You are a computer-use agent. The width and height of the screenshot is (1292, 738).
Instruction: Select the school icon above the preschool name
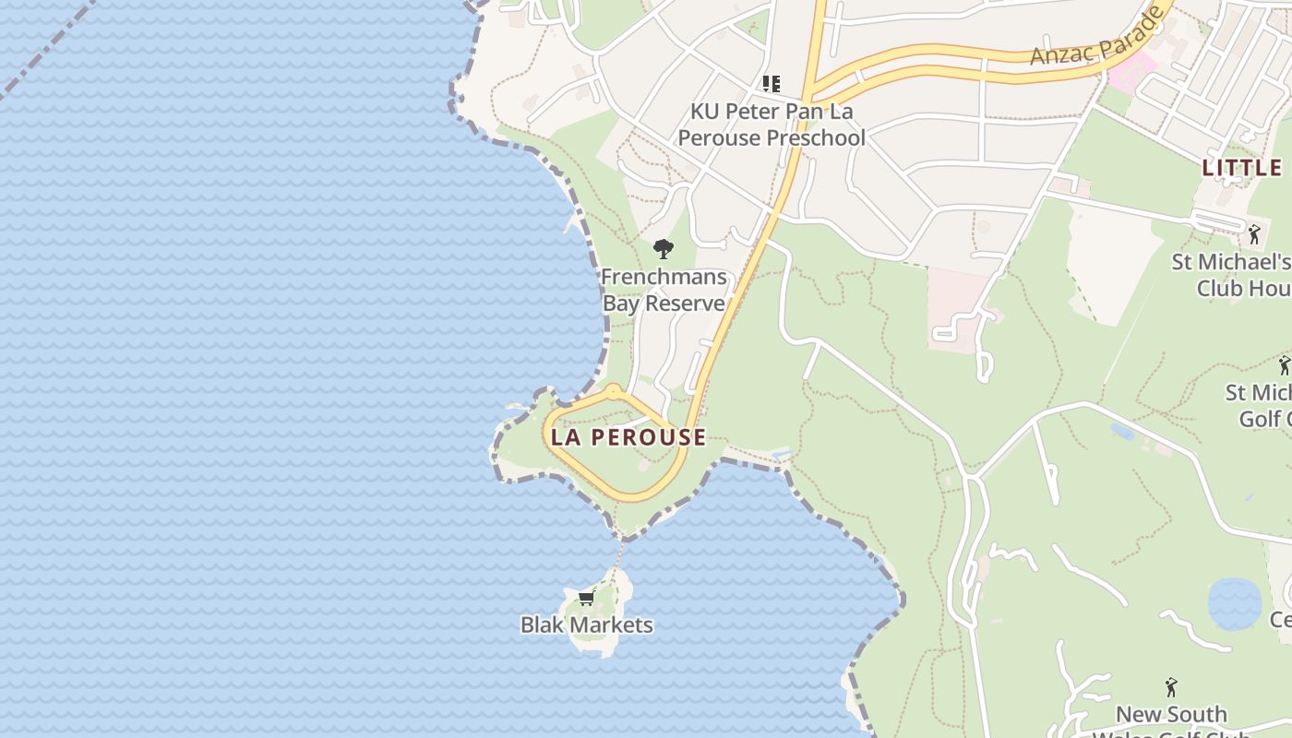[x=772, y=84]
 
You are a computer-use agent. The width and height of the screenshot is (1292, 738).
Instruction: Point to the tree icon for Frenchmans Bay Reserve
[x=663, y=248]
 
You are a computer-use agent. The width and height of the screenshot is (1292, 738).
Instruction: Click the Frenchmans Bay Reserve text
[x=664, y=290]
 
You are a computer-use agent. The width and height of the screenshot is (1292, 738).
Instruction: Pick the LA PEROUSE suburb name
[x=628, y=437]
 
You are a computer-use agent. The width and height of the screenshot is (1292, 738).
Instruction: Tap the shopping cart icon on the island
[x=586, y=598]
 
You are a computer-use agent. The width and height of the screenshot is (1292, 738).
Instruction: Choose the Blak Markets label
[x=586, y=625]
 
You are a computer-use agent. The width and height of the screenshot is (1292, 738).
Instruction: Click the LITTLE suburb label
[x=1242, y=168]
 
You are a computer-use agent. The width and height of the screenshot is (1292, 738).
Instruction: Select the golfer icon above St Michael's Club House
[x=1253, y=234]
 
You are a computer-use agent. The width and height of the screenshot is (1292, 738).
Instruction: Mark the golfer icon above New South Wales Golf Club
[x=1171, y=687]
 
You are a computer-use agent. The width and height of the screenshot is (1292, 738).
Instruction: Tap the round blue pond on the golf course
[x=1234, y=604]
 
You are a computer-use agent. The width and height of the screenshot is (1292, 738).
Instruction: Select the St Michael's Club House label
[x=1231, y=275]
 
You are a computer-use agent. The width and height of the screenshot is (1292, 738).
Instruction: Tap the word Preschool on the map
[x=818, y=137]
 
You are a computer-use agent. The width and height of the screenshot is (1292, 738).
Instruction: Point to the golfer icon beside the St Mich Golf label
[x=1284, y=365]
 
